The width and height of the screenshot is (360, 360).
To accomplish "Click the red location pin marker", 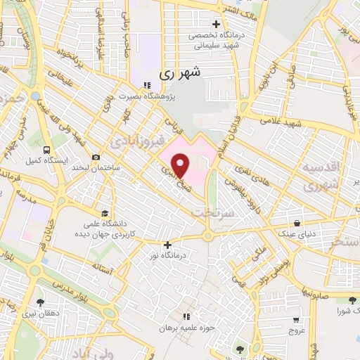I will pyautogui.click(x=181, y=165).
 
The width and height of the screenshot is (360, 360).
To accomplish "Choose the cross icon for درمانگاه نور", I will pyautogui.click(x=167, y=245).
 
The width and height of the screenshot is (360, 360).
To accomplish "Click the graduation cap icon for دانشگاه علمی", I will pyautogui.click(x=105, y=212).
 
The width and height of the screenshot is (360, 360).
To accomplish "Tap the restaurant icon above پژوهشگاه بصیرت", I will pyautogui.click(x=147, y=86).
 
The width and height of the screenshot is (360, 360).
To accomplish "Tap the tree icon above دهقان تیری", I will pyautogui.click(x=39, y=302).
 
